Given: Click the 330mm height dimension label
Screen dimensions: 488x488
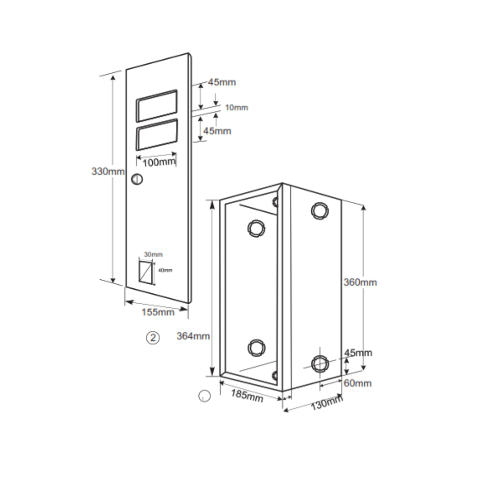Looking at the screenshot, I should point(108,172).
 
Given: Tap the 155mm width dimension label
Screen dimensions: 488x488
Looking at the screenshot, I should point(158,312).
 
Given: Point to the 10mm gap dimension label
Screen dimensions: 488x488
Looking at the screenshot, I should point(236,108).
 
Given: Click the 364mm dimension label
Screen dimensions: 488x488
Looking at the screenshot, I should point(193,336).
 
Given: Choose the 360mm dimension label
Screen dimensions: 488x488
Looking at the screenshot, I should point(360,282).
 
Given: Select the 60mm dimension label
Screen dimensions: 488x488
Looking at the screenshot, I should point(358,383).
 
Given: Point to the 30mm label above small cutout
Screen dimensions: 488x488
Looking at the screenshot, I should point(153,254).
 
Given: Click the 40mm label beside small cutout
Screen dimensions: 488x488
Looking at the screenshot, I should point(165,270).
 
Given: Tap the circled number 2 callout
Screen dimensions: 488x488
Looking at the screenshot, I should point(154,337).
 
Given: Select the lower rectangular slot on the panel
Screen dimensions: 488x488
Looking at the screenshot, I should point(156,135).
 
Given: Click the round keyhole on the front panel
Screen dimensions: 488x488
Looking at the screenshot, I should point(137,179).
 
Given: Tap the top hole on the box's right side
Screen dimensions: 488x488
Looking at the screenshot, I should point(319,210).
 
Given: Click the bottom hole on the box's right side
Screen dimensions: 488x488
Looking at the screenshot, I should point(320,363).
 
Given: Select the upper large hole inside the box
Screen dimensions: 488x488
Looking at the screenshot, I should point(256,228).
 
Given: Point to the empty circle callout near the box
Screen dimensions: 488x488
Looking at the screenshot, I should point(205,396).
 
